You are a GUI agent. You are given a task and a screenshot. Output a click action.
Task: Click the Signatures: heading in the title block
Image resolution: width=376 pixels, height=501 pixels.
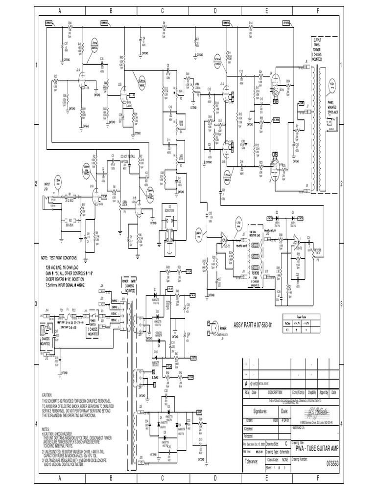[262, 411]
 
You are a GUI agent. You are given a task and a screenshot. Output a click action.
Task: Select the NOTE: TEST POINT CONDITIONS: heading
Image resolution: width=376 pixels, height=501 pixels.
[66, 257]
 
